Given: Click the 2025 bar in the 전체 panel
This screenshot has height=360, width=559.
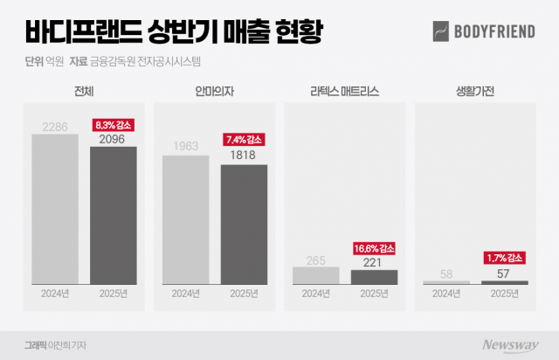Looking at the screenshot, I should (114, 215).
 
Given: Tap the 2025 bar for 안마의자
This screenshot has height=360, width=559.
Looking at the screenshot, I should (244, 224).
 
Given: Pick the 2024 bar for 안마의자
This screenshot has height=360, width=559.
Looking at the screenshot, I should (185, 219).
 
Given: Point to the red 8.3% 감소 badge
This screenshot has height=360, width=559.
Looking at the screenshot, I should (114, 125).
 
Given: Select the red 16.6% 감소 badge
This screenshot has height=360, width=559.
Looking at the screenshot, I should (374, 248).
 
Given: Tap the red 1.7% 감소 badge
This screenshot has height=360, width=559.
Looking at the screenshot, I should (504, 257).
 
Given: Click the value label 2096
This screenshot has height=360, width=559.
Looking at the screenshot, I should (114, 138).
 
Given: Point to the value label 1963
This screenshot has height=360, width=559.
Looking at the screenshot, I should (185, 147).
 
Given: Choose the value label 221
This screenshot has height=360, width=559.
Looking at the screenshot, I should (374, 261).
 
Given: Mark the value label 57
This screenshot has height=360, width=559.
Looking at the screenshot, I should (504, 273).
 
